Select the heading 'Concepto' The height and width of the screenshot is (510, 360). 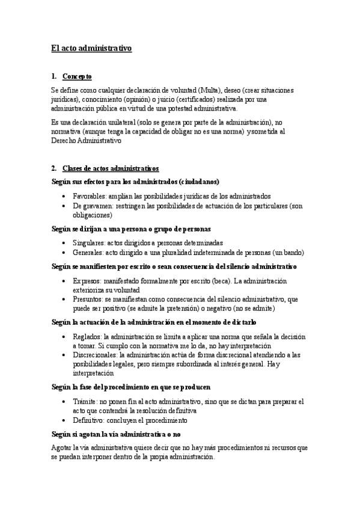coord(77,76)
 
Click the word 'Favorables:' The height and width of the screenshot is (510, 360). coord(90,196)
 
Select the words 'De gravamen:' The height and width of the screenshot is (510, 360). coord(93,205)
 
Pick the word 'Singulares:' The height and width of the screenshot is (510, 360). coord(89,242)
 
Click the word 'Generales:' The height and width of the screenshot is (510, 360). coord(88,252)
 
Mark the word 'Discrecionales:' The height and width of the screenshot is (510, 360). coord(95,355)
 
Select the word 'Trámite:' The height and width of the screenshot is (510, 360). coord(85,401)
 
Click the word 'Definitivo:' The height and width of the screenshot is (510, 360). coord(89,420)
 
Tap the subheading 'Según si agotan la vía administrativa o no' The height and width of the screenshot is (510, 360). coord(117,434)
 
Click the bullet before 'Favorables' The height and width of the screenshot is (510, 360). coord(64,197)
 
